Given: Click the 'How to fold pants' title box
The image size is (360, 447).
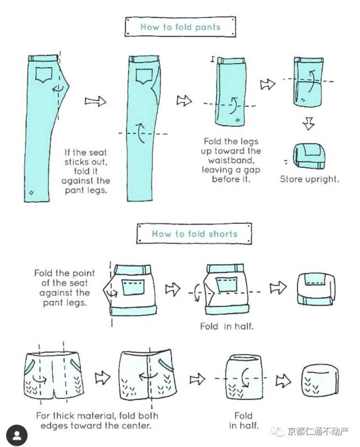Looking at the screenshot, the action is pyautogui.click(x=180, y=26).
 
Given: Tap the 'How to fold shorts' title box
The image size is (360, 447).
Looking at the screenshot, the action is pyautogui.click(x=194, y=234).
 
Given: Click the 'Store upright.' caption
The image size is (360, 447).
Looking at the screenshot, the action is pyautogui.click(x=309, y=179).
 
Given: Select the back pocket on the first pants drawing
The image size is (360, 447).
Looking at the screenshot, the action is pyautogui.click(x=44, y=75).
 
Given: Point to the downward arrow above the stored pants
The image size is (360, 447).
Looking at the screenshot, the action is pyautogui.click(x=308, y=123).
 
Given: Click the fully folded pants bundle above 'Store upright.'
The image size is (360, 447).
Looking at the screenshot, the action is pyautogui.click(x=309, y=156).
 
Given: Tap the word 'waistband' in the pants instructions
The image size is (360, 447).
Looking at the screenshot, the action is pyautogui.click(x=231, y=160).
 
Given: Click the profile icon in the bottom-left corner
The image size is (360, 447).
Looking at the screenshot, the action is pyautogui.click(x=17, y=435).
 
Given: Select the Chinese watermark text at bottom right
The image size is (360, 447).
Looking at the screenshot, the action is pyautogui.click(x=317, y=431).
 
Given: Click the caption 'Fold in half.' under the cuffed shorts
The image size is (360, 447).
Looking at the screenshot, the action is pyautogui.click(x=227, y=326).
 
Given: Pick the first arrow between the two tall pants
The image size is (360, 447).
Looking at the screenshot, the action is pyautogui.click(x=96, y=101).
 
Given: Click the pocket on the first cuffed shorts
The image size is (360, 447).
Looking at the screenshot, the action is pyautogui.click(x=133, y=287).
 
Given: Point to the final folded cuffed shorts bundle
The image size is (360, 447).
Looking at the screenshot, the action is pyautogui.click(x=316, y=289).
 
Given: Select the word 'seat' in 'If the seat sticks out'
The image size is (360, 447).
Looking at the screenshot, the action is pyautogui.click(x=98, y=152).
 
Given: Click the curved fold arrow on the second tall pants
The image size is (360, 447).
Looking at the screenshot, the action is pyautogui.click(x=140, y=133).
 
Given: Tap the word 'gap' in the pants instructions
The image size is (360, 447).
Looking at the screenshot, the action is pyautogui.click(x=251, y=170).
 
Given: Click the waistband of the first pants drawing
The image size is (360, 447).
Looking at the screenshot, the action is pyautogui.click(x=43, y=58).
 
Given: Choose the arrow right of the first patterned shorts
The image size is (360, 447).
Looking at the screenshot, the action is pyautogui.click(x=102, y=378).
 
